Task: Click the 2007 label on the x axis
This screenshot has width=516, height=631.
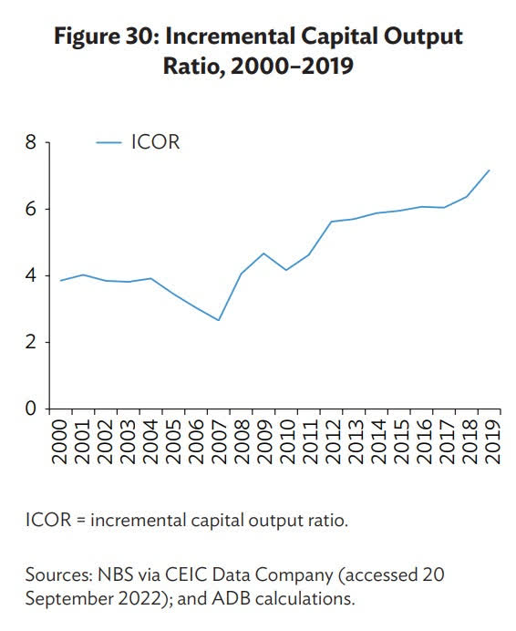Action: point(219,440)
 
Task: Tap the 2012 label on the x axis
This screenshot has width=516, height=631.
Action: point(331,440)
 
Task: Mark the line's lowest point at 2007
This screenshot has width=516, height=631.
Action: point(219,320)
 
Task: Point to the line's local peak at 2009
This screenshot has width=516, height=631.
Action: point(263,253)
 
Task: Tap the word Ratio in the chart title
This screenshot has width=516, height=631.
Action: point(190,67)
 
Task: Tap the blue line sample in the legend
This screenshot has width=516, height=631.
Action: point(108,143)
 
